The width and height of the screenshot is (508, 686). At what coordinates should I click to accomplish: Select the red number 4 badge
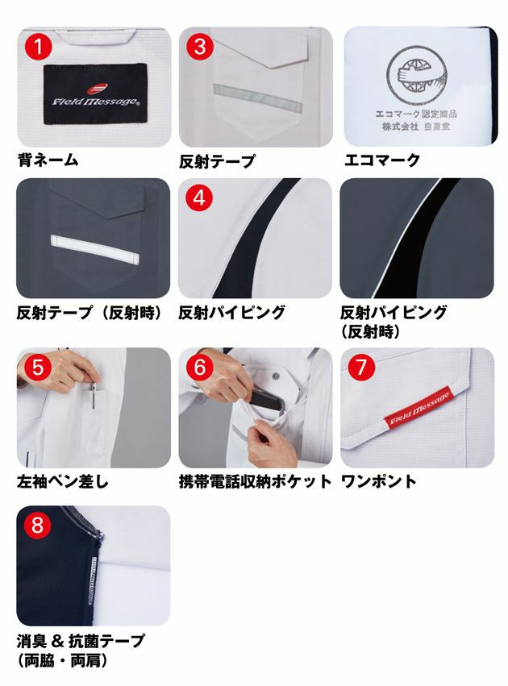[x=198, y=197]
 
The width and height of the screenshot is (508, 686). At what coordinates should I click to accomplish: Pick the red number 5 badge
[x=35, y=368]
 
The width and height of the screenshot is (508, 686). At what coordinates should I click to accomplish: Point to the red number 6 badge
[x=198, y=368]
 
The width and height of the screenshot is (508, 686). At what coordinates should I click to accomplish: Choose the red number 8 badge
[x=35, y=526]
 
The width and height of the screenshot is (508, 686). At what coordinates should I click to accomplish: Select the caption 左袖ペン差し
[x=62, y=481]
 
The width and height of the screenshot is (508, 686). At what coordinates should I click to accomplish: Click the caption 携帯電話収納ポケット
[x=255, y=481]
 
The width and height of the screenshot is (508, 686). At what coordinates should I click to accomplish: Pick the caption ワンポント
[x=378, y=481]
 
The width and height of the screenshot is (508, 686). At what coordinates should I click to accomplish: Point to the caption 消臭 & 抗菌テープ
[x=81, y=641]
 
